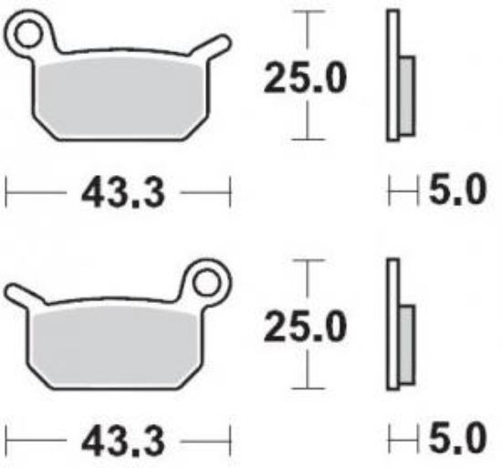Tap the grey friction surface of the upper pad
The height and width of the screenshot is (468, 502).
click(119, 96)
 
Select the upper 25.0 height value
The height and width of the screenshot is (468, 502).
click(305, 78)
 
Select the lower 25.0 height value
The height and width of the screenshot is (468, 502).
click(305, 326)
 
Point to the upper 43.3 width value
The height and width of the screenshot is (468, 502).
click(118, 192)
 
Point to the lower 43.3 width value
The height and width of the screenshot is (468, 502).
click(118, 441)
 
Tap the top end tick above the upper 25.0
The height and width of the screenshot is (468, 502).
click(311, 13)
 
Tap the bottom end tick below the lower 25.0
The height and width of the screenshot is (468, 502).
click(311, 387)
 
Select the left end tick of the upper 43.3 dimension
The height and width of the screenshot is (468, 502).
click(7, 192)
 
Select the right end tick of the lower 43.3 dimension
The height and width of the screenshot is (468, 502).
click(230, 441)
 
